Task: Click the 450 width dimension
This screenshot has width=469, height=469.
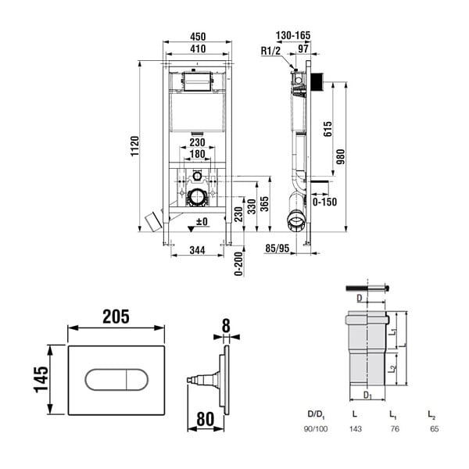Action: pos(198,37)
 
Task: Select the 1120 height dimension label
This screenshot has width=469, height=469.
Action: pos(134,145)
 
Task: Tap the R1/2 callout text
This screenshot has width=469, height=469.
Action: pos(270,51)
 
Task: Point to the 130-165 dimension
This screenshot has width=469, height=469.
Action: pos(293,35)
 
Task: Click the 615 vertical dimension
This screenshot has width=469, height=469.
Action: pos(328,129)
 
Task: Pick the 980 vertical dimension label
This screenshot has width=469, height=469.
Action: pos(340,157)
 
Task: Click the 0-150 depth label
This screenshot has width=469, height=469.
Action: pos(325,202)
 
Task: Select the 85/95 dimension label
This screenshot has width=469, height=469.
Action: pos(277,249)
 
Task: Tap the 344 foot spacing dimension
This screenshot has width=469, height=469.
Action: pos(198,250)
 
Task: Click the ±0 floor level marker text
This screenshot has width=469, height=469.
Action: pos(202,222)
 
